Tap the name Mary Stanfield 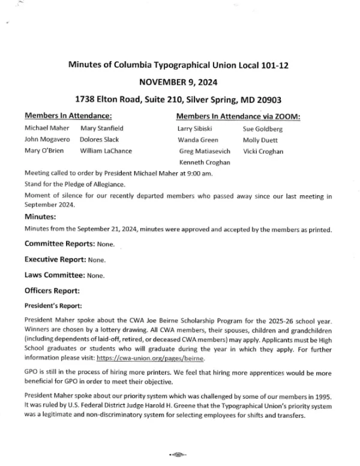coord(101,128)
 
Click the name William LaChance coord(106,151)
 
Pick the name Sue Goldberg coord(262,129)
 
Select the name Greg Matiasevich coord(204,151)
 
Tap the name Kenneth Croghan coord(204,163)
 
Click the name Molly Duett coord(259,140)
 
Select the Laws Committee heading coord(55,275)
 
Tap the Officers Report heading coord(52,291)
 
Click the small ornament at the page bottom coord(180,455)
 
